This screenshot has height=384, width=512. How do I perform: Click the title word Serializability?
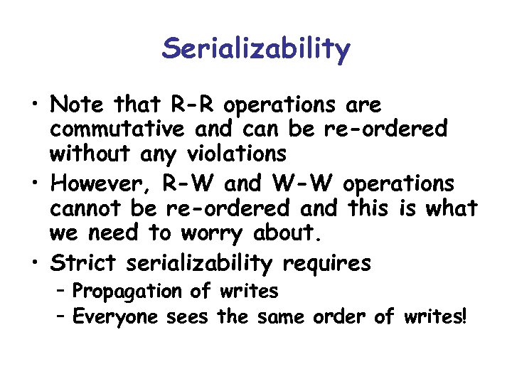256,50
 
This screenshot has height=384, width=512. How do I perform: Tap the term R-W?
193,183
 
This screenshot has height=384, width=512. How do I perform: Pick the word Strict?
84,264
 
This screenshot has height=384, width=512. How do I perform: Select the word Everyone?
115,315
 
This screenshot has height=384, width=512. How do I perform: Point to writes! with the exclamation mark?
435,315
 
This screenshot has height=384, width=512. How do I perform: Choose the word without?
89,153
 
